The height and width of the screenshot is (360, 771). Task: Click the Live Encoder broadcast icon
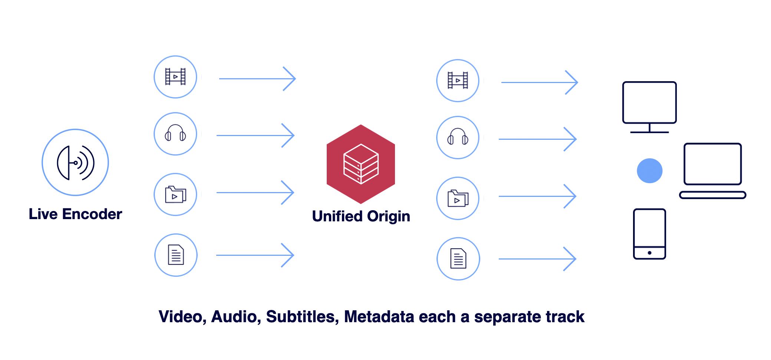(75, 162)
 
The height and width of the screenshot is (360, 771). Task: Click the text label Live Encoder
(75, 214)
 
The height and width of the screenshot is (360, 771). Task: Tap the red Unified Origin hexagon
(361, 164)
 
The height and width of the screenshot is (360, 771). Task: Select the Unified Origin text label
(361, 217)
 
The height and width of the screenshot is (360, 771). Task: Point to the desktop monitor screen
(649, 102)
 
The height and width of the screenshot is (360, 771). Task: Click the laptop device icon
(712, 171)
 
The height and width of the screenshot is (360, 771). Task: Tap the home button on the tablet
(649, 253)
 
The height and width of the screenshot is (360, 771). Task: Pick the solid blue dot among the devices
(649, 171)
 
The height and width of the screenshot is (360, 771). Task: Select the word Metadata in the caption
(379, 317)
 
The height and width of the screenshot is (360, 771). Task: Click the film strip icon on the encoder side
(175, 77)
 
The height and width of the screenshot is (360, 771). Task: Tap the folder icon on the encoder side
(175, 194)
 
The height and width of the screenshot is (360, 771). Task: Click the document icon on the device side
(458, 258)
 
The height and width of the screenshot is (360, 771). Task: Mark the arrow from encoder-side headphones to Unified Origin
(256, 135)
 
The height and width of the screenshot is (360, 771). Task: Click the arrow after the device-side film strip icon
(540, 82)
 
